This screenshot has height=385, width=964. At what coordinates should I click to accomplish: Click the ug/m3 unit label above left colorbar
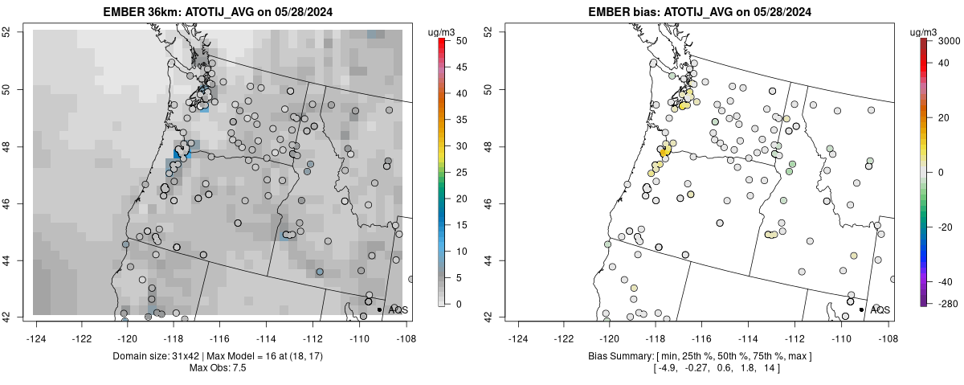(x=443, y=31)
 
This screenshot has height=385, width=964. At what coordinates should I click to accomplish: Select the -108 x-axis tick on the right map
(x=887, y=328)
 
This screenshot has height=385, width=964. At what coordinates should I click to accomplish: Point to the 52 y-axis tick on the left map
(x=18, y=31)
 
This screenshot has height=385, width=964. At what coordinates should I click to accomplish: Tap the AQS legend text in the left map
(x=398, y=309)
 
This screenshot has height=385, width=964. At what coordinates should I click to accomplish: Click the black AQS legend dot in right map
(x=861, y=309)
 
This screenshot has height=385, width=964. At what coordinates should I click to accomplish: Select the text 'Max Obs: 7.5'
(x=219, y=367)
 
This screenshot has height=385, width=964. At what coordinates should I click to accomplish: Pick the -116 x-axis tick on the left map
(x=221, y=328)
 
